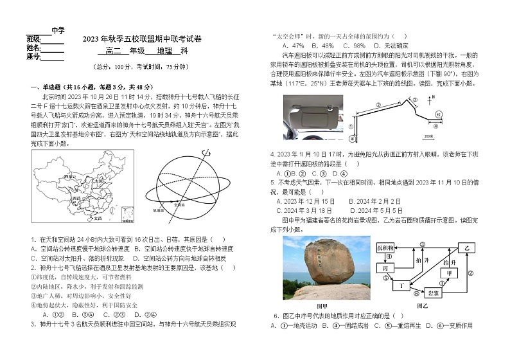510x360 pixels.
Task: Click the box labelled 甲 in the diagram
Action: (x=450, y=273)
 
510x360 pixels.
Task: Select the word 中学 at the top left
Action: (x=58, y=30)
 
